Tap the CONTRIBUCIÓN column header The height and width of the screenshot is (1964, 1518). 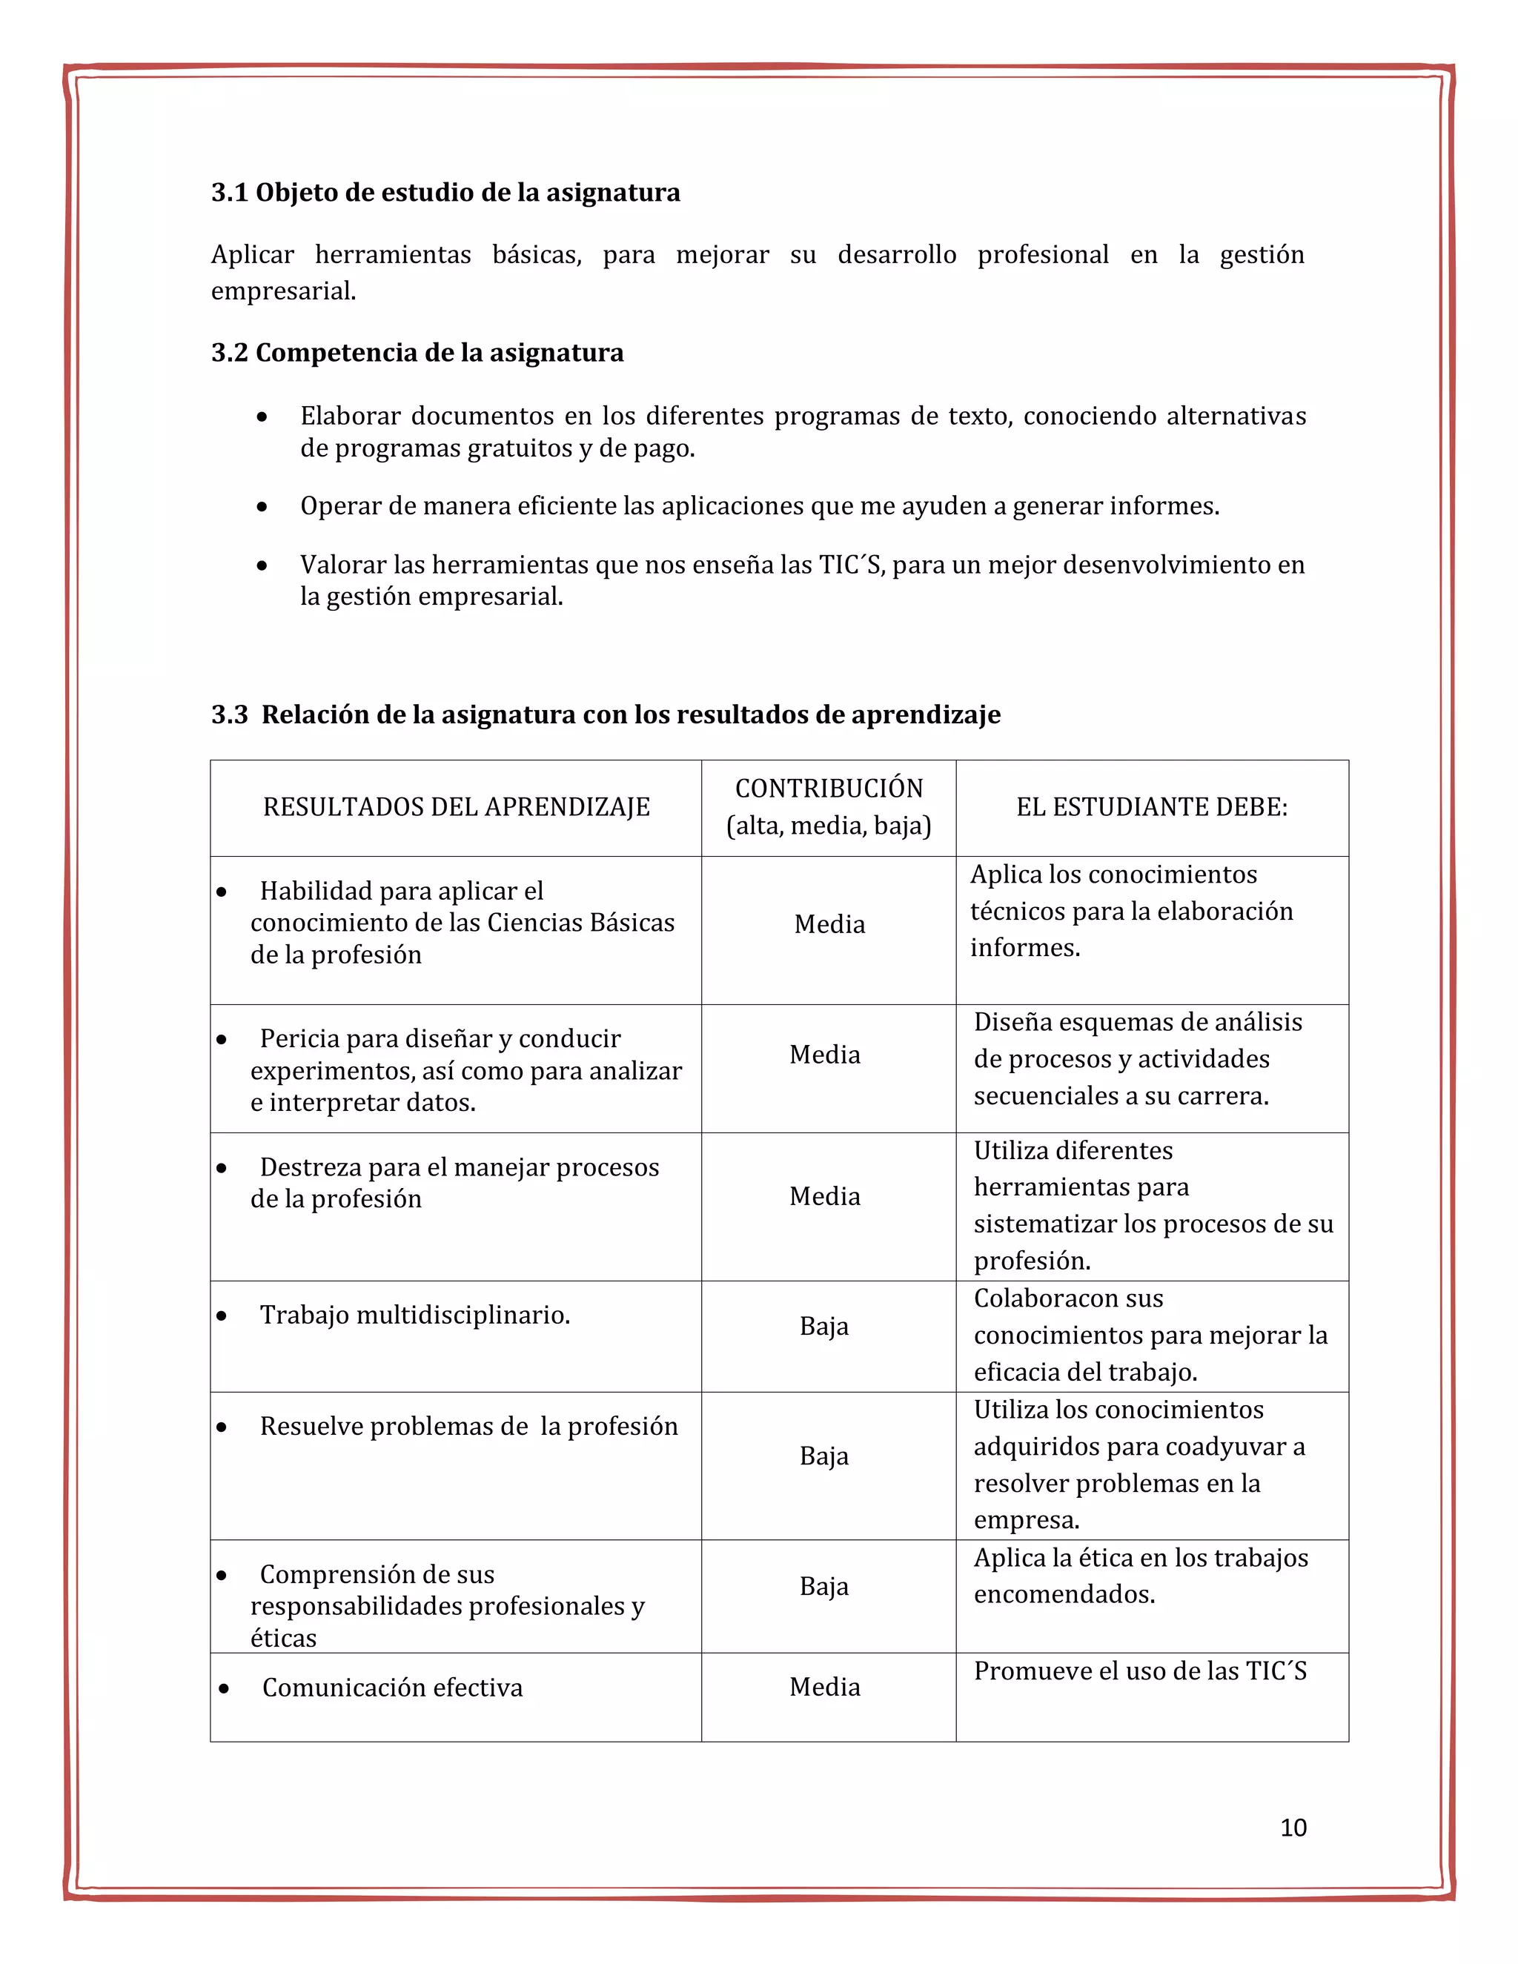click(x=828, y=789)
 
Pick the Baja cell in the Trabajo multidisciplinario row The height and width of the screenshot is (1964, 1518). click(x=823, y=1327)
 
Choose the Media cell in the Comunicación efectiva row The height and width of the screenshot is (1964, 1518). click(x=825, y=1687)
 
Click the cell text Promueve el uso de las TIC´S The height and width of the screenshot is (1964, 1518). click(x=1139, y=1671)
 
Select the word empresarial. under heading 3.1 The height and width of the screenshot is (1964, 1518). click(x=283, y=291)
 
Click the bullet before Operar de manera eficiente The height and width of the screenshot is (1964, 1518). click(x=262, y=507)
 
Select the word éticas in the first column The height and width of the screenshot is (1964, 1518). click(x=283, y=1639)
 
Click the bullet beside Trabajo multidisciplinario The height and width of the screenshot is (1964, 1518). click(x=221, y=1316)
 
